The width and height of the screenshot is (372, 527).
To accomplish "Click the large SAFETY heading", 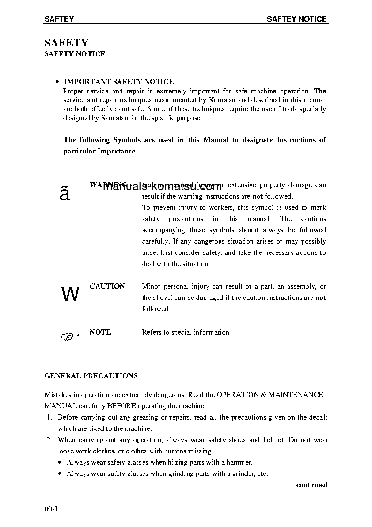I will click(66, 43).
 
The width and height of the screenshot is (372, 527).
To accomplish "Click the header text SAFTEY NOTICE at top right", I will click(296, 19).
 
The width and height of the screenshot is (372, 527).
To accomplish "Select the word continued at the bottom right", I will click(311, 485).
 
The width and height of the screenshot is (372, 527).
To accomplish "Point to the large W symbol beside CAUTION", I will click(70, 295).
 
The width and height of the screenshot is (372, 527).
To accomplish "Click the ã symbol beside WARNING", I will click(65, 193).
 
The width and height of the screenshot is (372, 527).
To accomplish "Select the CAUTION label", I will click(107, 286).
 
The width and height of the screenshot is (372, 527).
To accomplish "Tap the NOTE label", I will click(100, 332).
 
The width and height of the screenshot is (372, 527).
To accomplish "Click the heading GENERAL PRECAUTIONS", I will click(91, 376).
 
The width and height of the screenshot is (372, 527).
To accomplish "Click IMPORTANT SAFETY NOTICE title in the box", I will click(119, 82).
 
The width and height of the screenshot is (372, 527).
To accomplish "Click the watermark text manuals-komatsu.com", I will click(162, 188).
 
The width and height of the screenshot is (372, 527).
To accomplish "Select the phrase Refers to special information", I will click(185, 332).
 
